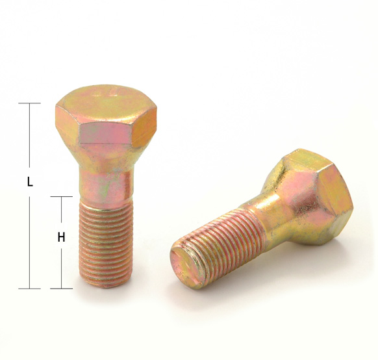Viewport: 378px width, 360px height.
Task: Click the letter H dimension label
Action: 61,237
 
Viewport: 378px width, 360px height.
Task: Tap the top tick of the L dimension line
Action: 29,103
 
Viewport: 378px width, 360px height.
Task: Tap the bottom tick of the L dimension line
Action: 29,289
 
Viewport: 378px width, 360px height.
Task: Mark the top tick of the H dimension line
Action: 61,196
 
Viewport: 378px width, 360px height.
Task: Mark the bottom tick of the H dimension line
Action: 61,289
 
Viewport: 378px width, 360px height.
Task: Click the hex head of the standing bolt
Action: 106,116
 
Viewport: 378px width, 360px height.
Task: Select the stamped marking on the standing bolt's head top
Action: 106,92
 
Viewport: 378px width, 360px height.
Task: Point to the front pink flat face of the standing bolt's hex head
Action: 105,133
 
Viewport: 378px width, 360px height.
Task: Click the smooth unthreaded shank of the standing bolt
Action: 106,186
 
